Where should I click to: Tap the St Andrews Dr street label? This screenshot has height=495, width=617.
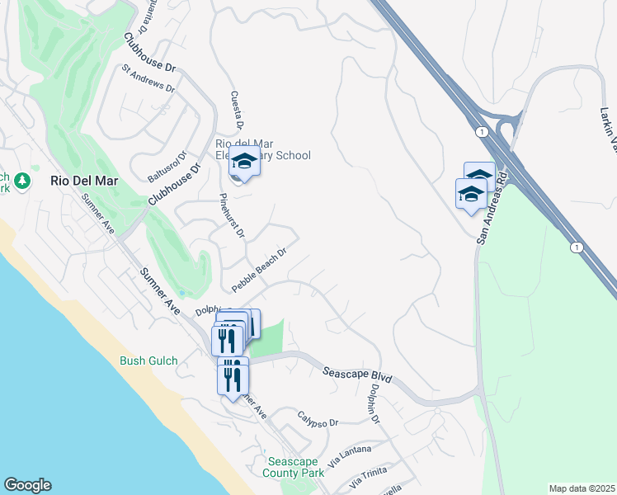[148, 78]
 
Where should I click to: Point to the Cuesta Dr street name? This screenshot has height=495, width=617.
[236, 111]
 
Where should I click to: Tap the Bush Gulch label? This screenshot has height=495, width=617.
[149, 361]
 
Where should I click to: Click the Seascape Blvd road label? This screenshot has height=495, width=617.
[356, 375]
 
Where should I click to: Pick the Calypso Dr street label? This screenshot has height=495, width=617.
[318, 419]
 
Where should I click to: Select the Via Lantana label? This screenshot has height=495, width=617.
[350, 455]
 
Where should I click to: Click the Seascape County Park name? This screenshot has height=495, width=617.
[294, 467]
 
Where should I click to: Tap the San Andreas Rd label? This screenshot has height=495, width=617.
[491, 210]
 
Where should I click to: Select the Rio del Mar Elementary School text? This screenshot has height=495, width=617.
[262, 149]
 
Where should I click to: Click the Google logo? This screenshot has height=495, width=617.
[27, 485]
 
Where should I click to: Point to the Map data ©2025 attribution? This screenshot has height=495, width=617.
[582, 488]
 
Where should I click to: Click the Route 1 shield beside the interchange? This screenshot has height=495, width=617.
[479, 130]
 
